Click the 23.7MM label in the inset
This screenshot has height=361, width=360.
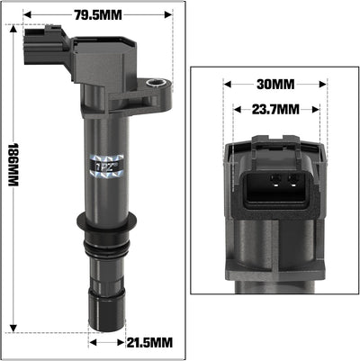tap(274, 109)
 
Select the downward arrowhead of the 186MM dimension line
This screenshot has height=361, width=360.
tap(13, 329)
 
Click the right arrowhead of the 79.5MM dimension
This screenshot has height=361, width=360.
tap(166, 15)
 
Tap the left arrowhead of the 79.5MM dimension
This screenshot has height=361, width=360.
tap(28, 15)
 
